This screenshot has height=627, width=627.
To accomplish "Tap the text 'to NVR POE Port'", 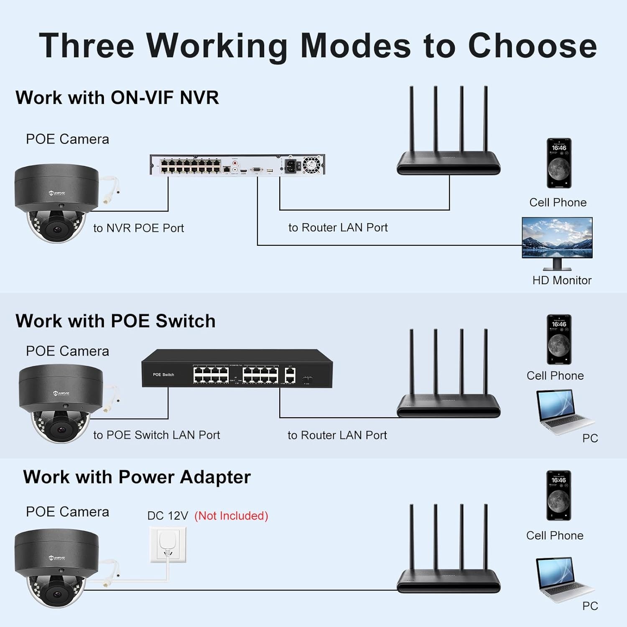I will tap(138, 228).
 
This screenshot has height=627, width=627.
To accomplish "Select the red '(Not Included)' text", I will tap(231, 516).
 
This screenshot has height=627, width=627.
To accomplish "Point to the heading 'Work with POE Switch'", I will tap(115, 321).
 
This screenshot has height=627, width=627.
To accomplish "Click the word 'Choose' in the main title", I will tap(532, 46).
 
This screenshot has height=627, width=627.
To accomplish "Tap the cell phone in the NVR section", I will tap(559, 163).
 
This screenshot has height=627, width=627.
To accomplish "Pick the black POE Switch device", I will tap(237, 368).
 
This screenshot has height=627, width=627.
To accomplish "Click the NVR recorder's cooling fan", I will tap(311, 164).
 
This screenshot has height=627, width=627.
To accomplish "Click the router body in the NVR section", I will tap(448, 163).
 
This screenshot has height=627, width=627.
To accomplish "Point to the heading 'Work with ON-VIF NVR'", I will tap(117, 98).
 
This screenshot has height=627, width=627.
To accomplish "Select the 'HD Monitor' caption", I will tap(562, 280).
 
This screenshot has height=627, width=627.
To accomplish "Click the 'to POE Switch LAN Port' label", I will tap(156, 435).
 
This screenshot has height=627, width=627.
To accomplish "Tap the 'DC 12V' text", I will tap(168, 516).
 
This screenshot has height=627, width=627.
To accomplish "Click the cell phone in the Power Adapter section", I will tap(558, 495).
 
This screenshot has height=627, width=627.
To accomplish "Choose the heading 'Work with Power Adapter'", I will tap(137, 477).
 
